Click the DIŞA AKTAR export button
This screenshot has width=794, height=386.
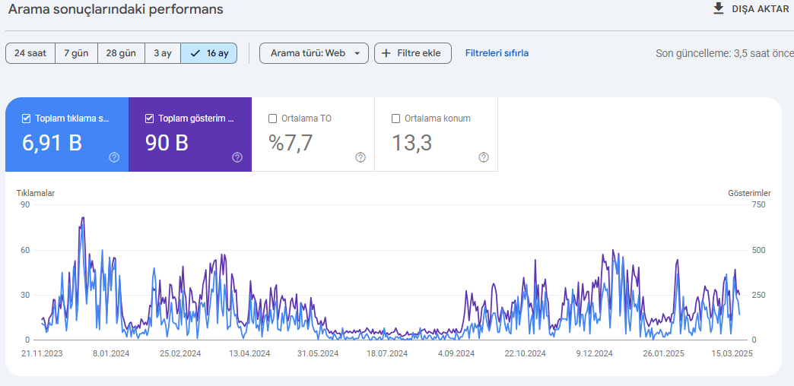[x=751, y=9]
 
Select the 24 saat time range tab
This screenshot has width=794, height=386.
[x=30, y=53]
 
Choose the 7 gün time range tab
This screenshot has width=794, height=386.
[x=77, y=53]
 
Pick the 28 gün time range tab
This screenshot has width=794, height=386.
[x=121, y=53]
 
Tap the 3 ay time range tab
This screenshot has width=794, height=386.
[x=163, y=53]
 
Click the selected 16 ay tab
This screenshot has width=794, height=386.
[x=208, y=53]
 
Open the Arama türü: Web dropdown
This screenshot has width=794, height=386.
[x=314, y=53]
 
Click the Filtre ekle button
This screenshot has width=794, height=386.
[x=413, y=53]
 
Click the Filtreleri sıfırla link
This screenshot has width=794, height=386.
[x=497, y=53]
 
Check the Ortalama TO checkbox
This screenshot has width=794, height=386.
[x=272, y=119]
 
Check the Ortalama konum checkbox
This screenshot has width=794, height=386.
[x=396, y=119]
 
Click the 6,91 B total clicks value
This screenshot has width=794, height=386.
[x=52, y=143]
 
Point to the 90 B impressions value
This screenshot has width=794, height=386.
[x=167, y=143]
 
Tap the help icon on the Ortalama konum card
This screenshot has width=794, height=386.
[x=484, y=157]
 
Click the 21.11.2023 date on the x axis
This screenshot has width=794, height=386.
[x=42, y=353]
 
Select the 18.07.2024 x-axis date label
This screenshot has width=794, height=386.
[x=387, y=353]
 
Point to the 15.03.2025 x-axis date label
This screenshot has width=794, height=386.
[x=732, y=353]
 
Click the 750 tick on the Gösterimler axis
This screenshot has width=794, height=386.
[x=758, y=204]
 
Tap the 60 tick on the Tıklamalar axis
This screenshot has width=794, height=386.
[x=25, y=250]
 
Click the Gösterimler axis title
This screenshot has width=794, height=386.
[x=749, y=193]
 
